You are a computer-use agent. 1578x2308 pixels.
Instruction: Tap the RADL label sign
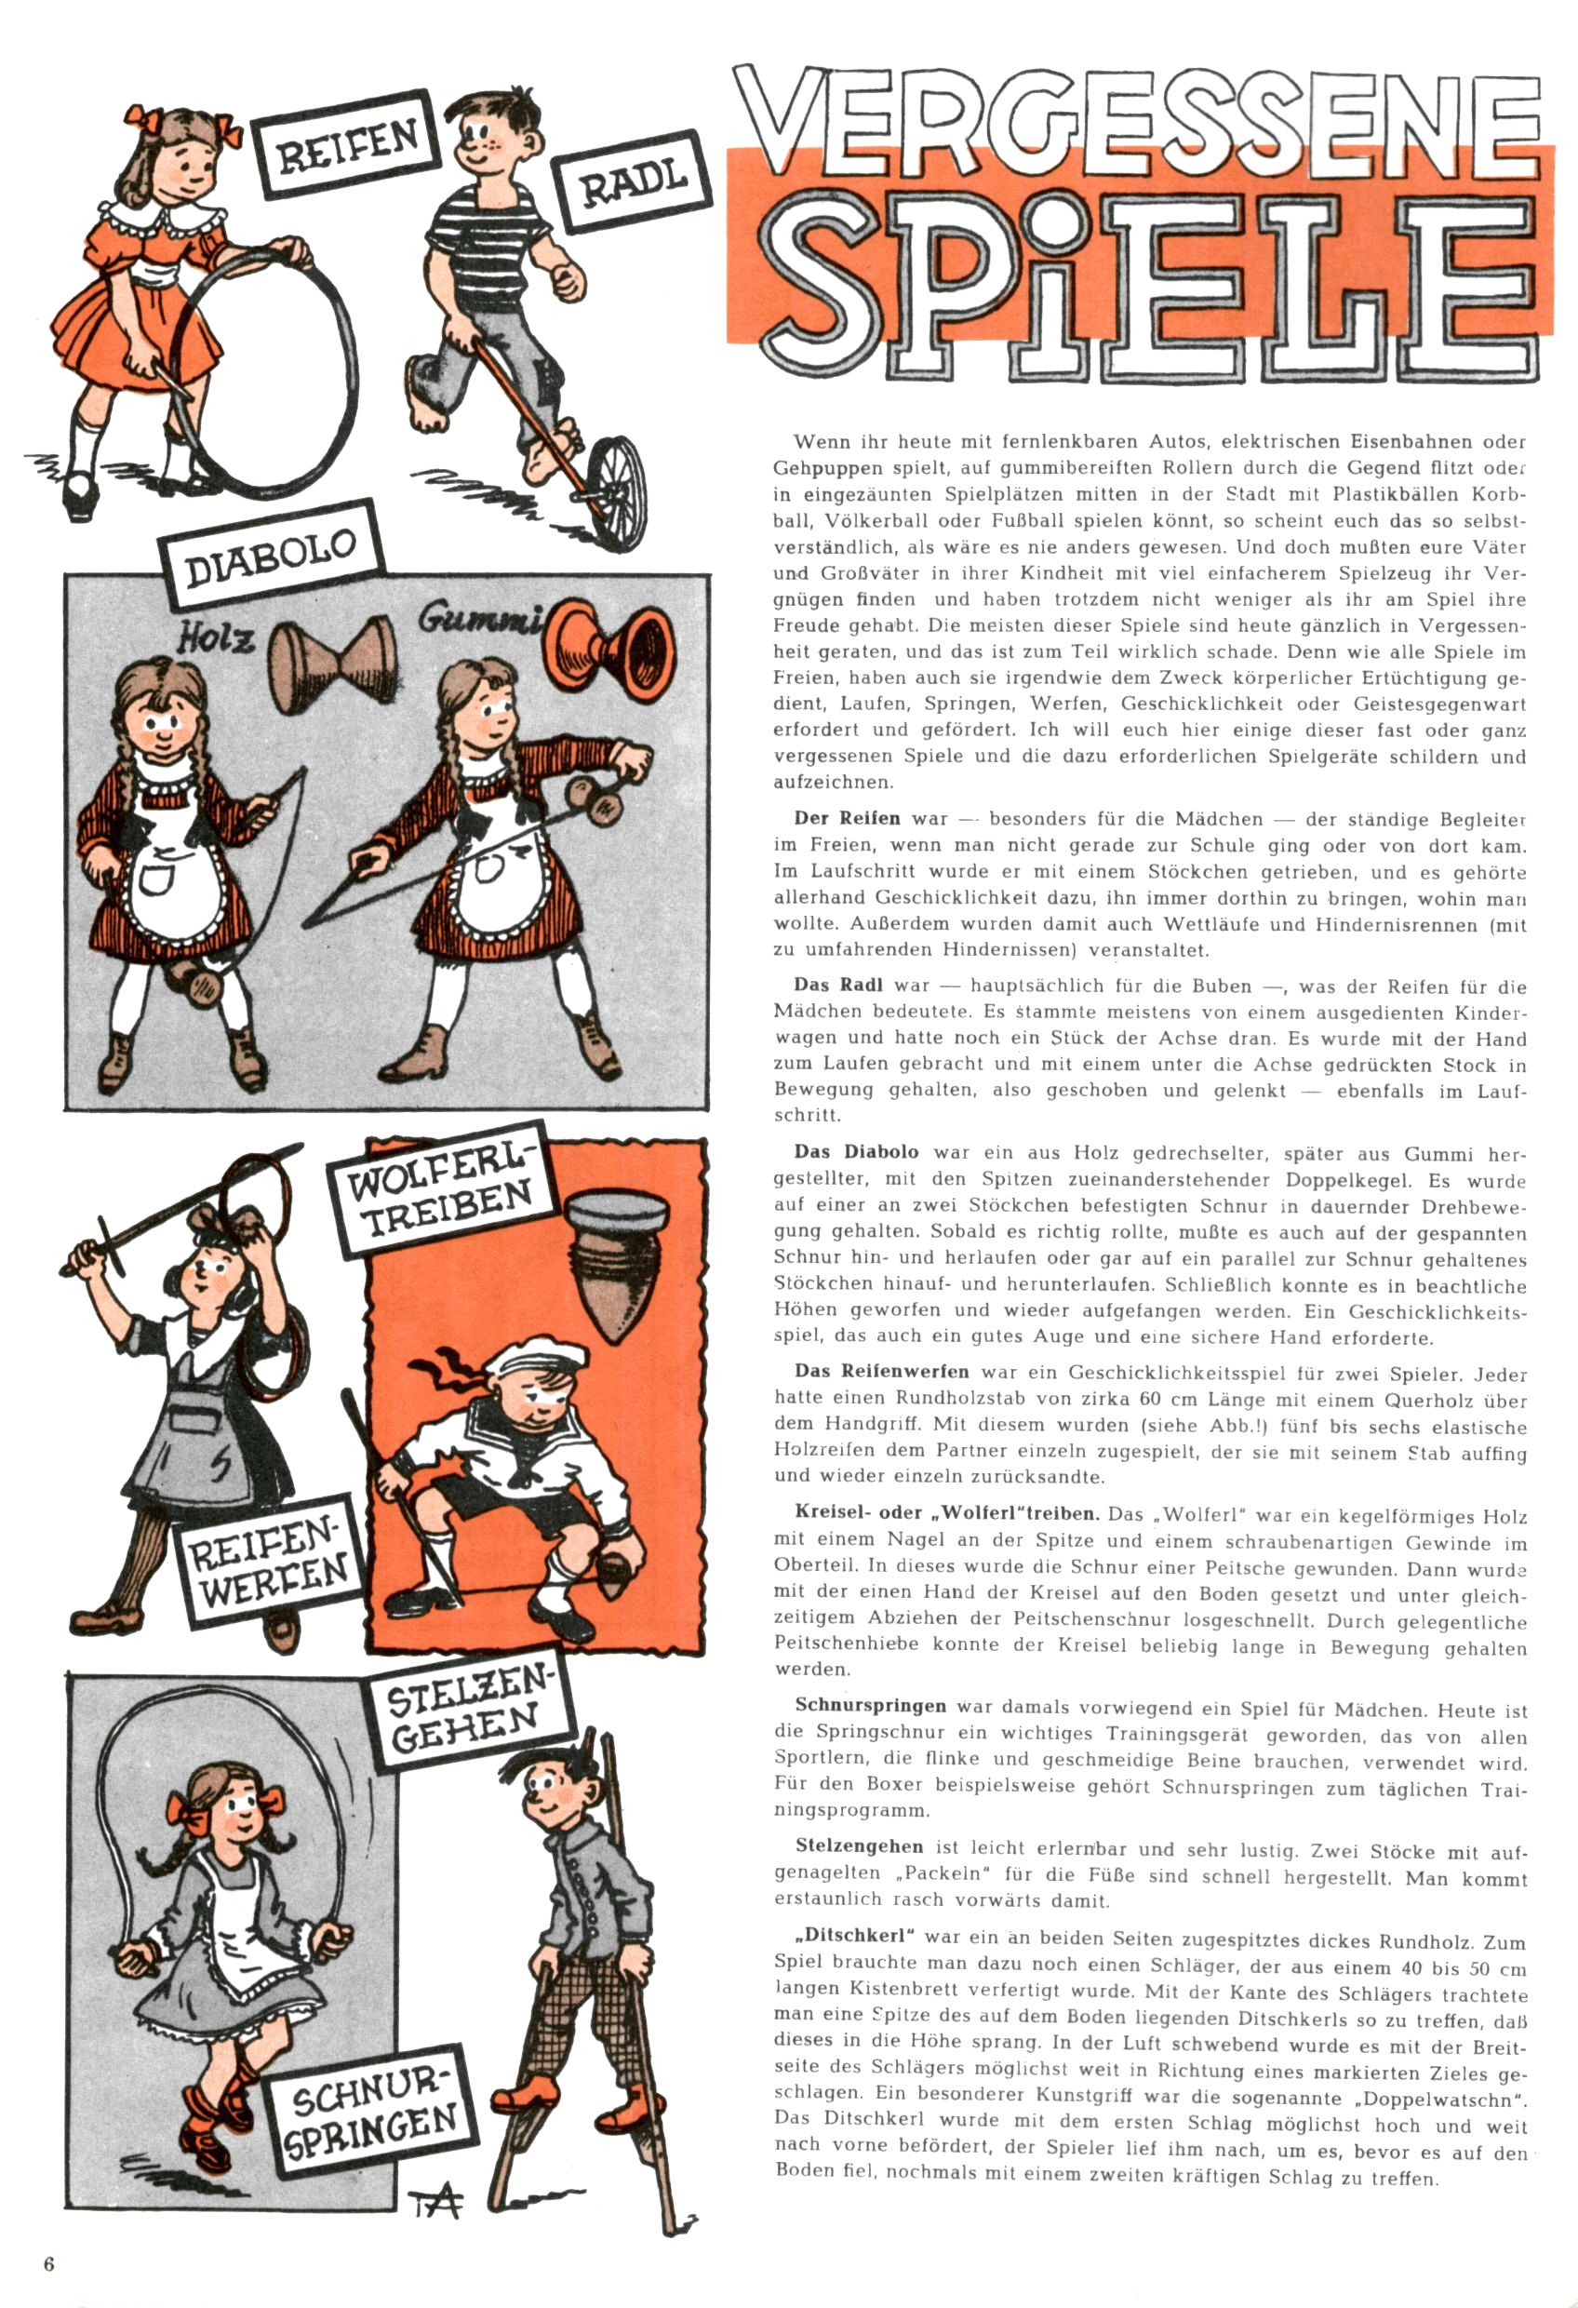coord(634,181)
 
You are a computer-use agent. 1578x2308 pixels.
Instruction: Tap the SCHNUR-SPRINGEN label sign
coord(369,2115)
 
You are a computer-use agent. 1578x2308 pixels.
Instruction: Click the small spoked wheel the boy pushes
coord(616,491)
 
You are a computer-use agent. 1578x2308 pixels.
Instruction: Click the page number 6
coord(48,2264)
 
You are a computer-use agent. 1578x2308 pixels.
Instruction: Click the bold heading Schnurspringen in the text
coord(870,1706)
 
